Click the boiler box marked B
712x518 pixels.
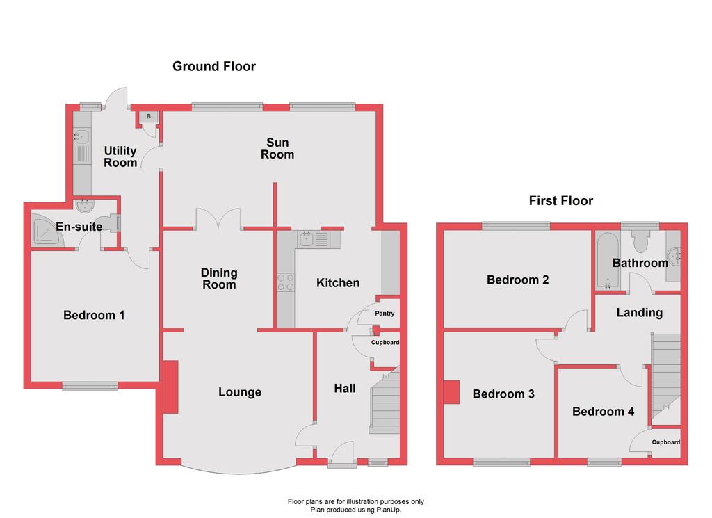point(149,117)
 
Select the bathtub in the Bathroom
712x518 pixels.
point(607,261)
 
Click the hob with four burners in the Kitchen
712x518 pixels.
point(286,282)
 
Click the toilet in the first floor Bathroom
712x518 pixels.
point(640,241)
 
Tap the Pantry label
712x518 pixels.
point(385,314)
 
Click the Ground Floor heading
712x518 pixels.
point(214,66)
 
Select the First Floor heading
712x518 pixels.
point(561,201)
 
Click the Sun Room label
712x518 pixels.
point(277,149)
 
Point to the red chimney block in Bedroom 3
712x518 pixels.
point(451,391)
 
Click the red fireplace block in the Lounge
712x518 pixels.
point(170,387)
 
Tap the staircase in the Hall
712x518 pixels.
point(385,402)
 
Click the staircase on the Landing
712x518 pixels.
point(666,375)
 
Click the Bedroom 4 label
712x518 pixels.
point(603,412)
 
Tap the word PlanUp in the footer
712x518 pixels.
point(389,510)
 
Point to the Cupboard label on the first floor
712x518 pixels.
point(665,442)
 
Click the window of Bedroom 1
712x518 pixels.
point(90,386)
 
